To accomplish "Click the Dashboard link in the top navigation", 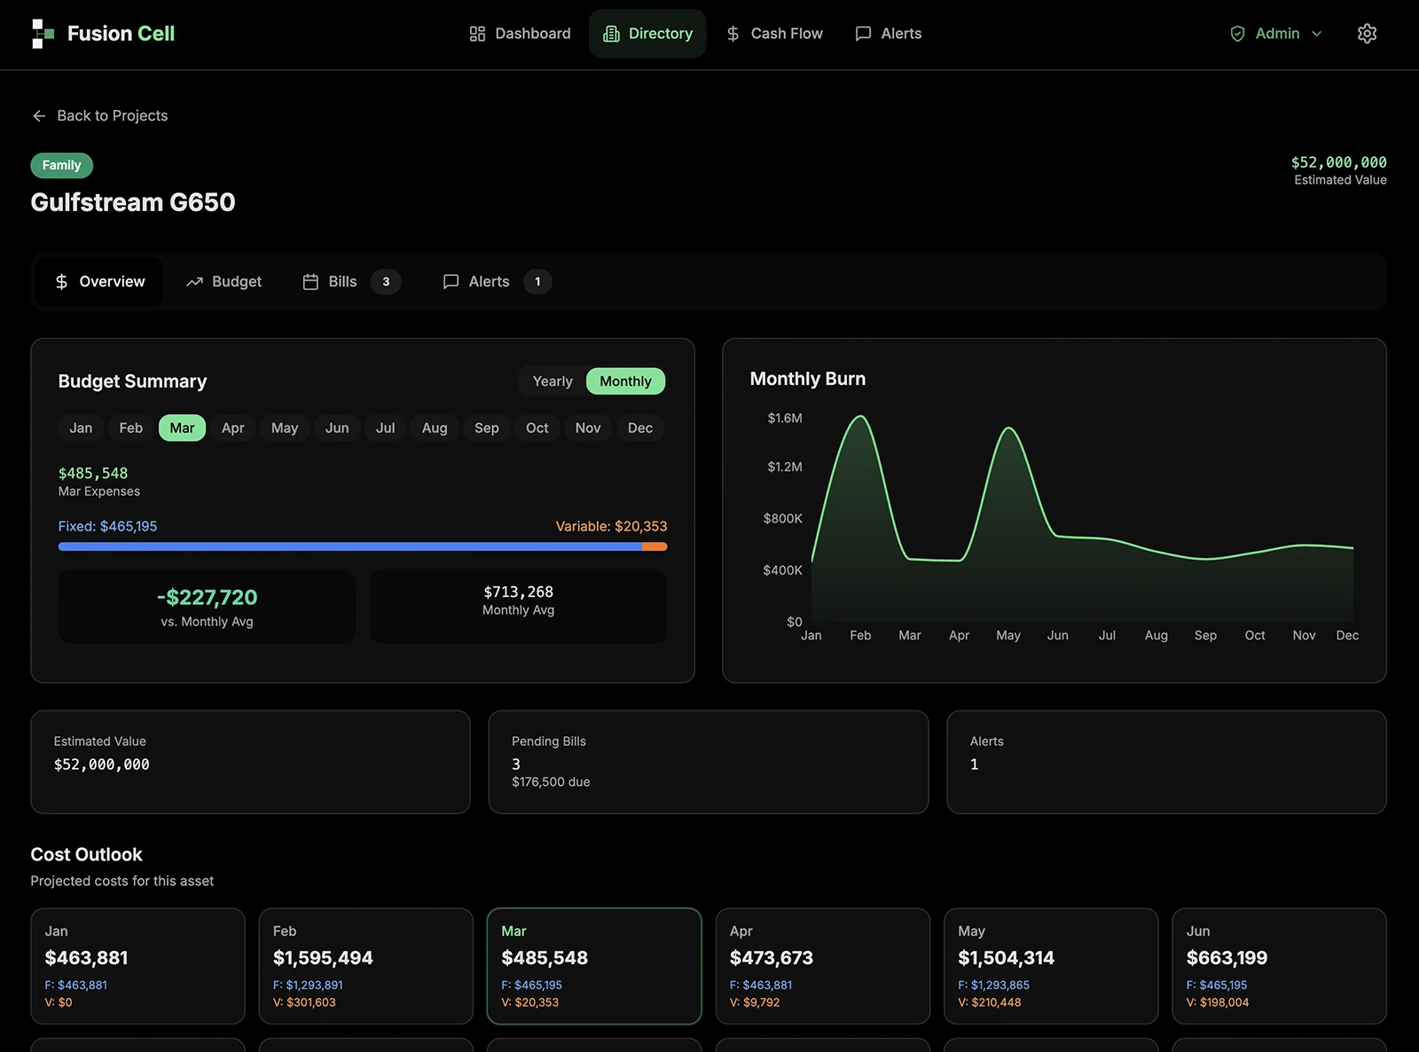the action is tap(520, 34).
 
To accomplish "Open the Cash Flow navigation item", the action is tap(774, 34).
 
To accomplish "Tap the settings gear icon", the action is tap(1367, 34).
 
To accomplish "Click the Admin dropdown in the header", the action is tap(1275, 34).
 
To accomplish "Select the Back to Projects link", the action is tap(100, 115).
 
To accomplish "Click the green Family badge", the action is tap(61, 165).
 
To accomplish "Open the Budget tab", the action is tap(223, 281).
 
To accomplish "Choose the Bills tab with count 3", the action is tap(351, 281).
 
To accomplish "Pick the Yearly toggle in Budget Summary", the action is tap(553, 381).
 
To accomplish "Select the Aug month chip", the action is tap(435, 428).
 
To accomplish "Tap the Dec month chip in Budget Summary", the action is tap(639, 428).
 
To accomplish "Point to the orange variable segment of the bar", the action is tap(655, 546).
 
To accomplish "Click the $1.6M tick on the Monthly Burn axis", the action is tap(784, 418).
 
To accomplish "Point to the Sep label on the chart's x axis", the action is tap(1205, 635).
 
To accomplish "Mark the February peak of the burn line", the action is tap(860, 417).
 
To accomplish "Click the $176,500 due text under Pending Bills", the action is tap(550, 782).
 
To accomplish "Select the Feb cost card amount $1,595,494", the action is tap(323, 957).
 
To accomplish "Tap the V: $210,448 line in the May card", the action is tap(989, 1002).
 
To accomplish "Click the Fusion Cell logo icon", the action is tap(43, 34).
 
